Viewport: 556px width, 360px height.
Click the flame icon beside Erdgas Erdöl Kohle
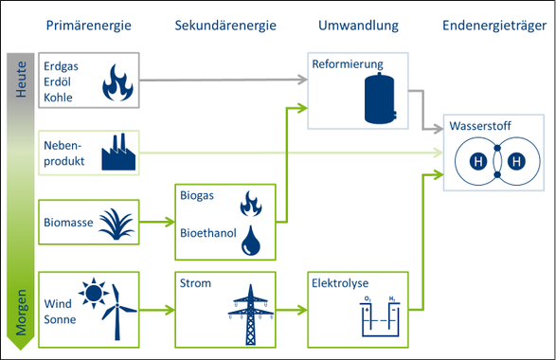[117, 83]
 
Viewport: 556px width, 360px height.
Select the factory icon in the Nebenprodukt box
[118, 152]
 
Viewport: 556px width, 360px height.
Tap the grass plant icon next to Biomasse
[118, 225]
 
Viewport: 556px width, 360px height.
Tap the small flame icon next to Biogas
[251, 203]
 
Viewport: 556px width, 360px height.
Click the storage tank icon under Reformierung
[380, 99]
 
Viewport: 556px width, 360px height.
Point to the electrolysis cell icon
[380, 316]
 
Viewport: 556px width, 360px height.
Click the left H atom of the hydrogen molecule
[479, 162]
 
